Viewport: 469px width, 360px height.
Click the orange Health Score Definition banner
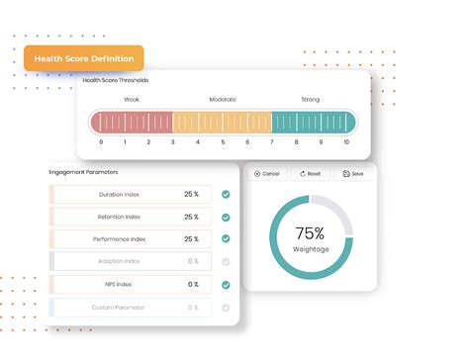click(84, 58)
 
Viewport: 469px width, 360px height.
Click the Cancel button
click(267, 173)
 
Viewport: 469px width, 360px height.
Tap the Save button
click(353, 173)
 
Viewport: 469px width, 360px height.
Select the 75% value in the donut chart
click(310, 233)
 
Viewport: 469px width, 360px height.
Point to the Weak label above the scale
click(132, 99)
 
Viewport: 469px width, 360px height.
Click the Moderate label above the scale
click(223, 99)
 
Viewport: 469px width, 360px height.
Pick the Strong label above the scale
click(311, 99)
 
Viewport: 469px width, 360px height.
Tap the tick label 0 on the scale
click(101, 142)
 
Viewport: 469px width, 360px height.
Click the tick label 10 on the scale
click(345, 142)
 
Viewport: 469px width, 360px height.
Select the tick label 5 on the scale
click(222, 142)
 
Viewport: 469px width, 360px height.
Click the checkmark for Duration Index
click(226, 194)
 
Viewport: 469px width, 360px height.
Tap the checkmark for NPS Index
click(226, 285)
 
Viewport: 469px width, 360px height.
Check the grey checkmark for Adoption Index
click(226, 262)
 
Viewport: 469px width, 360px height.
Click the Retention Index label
click(119, 217)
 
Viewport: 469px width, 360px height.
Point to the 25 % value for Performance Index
click(191, 239)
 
